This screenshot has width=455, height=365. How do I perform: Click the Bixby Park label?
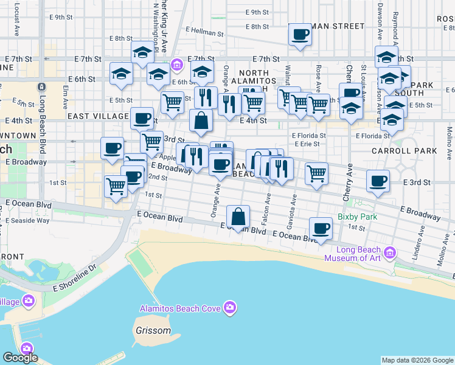[358, 217]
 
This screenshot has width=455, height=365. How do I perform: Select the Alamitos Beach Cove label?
[180, 308]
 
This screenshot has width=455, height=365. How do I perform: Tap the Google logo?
[20, 358]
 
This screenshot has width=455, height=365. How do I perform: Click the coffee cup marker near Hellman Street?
[299, 35]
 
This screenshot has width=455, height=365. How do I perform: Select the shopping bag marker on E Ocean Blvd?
[238, 217]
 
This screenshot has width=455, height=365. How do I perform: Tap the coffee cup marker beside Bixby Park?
[321, 229]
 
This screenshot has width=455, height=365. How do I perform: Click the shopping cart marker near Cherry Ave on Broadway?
[316, 174]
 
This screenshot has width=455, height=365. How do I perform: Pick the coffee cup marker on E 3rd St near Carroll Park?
[378, 181]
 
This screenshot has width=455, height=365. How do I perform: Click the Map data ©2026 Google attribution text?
[417, 360]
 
